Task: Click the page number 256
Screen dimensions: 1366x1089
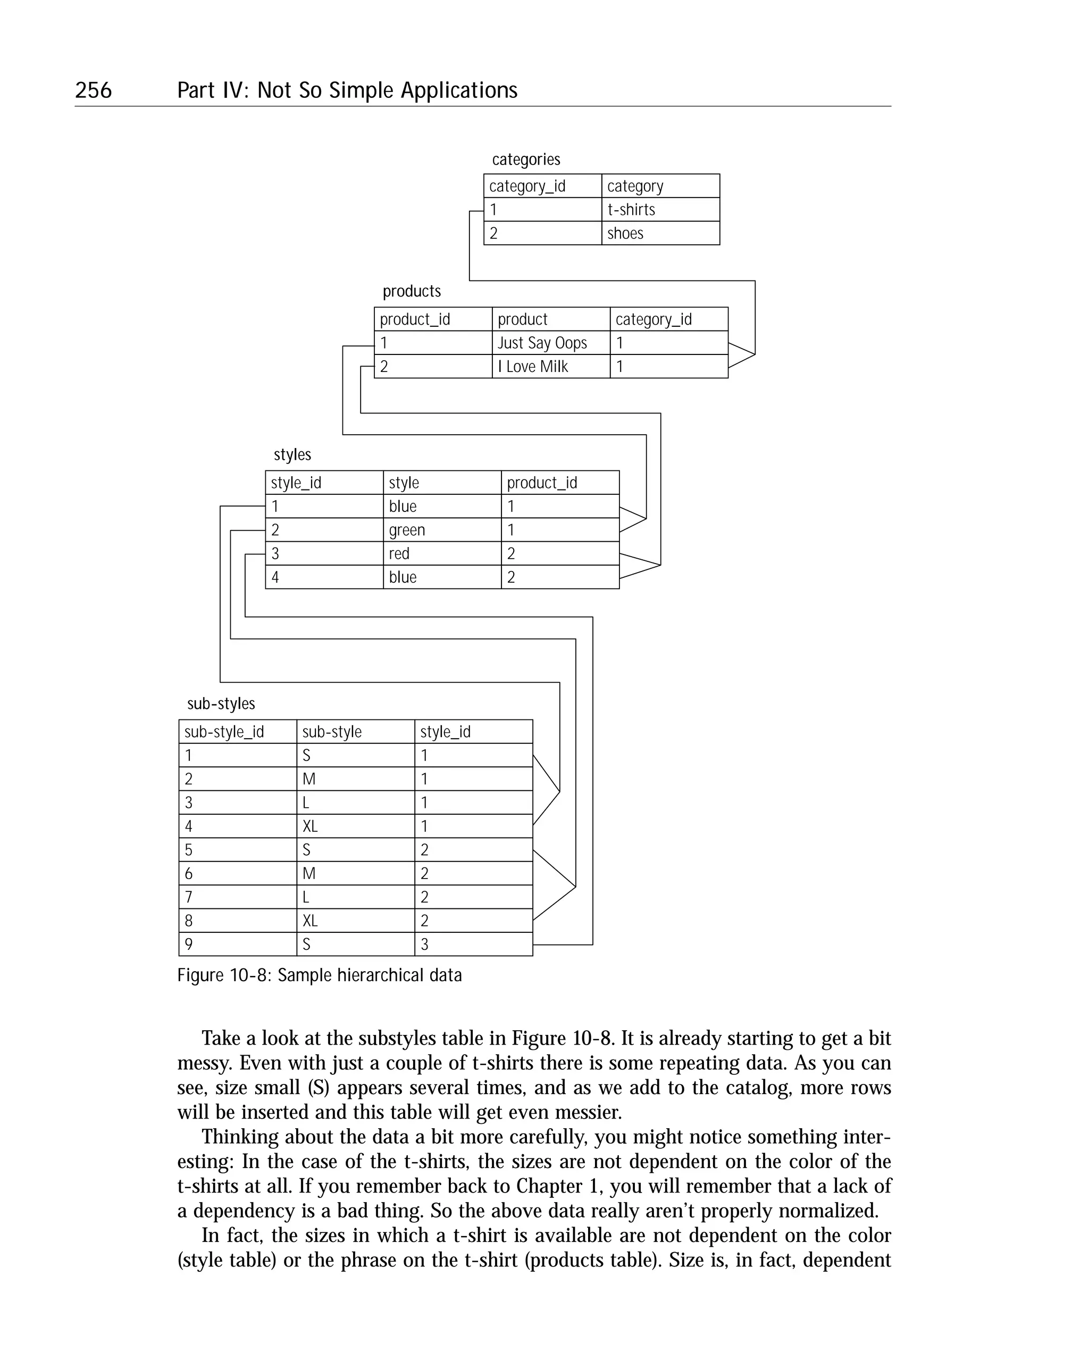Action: (93, 90)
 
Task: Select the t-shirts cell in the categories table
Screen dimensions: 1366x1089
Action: (660, 210)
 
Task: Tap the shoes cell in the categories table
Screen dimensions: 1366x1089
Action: (660, 233)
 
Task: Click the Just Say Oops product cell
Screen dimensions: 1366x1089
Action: (550, 343)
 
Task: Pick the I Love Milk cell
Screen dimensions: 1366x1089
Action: (550, 366)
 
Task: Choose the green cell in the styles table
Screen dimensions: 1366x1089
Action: (441, 529)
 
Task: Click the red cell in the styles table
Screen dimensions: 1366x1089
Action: (441, 553)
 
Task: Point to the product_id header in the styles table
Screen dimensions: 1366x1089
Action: (560, 483)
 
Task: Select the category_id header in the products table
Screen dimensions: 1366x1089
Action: (668, 319)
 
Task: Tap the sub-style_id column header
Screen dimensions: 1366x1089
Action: (238, 732)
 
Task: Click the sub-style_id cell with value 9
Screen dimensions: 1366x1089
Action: (238, 944)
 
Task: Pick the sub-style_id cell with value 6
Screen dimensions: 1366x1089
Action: (238, 874)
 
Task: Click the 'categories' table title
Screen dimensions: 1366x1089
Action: (525, 160)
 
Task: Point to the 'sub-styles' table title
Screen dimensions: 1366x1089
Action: (221, 704)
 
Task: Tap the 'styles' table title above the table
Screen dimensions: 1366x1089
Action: (292, 455)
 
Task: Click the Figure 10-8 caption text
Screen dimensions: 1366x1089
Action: (319, 975)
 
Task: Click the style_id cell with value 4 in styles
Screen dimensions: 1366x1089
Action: (323, 577)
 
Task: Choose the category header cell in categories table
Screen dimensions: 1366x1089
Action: (660, 186)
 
